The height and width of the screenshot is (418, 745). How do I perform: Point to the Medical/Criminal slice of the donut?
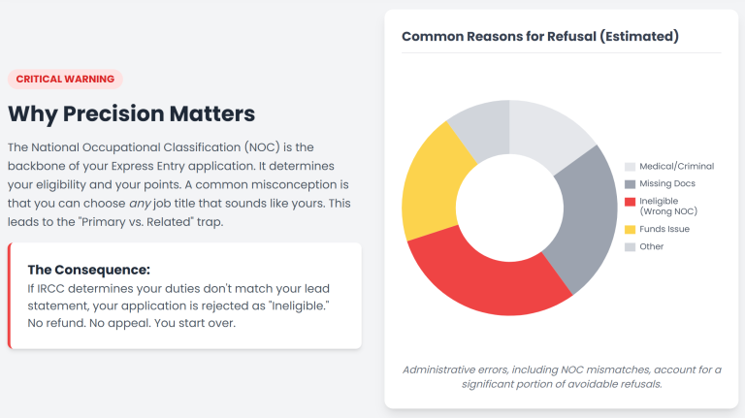tap(546, 131)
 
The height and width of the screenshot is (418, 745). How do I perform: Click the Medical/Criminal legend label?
tap(676, 166)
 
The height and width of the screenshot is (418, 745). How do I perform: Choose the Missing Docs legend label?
tap(667, 183)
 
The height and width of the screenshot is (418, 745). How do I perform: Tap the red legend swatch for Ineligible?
tap(630, 202)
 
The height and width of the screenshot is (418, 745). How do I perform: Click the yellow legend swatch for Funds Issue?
tap(630, 230)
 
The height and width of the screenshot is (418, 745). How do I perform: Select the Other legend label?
tap(652, 246)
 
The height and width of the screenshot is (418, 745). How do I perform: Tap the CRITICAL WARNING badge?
tap(65, 79)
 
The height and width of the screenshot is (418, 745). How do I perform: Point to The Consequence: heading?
tap(89, 270)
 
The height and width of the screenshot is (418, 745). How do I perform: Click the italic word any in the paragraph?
tap(140, 204)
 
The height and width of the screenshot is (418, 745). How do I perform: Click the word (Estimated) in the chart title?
tap(639, 37)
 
